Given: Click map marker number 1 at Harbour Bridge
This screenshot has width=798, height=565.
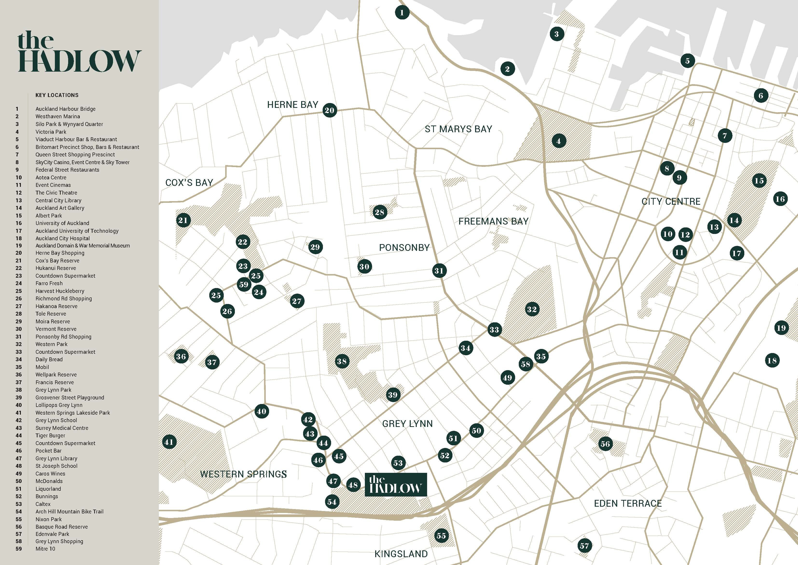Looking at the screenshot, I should pos(402,13).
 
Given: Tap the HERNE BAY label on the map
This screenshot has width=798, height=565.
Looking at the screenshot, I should pos(292,105).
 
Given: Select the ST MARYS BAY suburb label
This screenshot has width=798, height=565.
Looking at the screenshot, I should pos(458,129).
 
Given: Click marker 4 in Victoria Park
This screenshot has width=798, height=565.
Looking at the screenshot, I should pos(559,141).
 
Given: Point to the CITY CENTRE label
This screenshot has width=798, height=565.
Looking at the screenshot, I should pos(671,201).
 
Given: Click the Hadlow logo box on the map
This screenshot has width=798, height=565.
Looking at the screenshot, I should pos(395,484).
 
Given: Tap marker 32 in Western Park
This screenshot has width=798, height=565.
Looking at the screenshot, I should pos(531,309).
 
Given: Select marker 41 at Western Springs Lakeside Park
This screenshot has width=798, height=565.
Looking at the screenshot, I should pos(169,442).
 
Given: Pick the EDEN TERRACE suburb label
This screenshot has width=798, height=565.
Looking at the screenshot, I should pos(628,503).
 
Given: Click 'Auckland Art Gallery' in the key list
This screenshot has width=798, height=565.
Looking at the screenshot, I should pos(60,208).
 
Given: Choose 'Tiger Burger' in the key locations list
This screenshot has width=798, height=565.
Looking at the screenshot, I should pos(50,436).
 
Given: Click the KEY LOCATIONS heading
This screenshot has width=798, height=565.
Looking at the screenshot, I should pos(57,95).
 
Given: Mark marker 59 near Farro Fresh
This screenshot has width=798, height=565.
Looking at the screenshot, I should pos(244,284).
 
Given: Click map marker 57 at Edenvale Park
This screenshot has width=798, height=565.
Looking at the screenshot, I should pos(584,546).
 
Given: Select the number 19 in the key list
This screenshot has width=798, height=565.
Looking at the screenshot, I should pos(19,246).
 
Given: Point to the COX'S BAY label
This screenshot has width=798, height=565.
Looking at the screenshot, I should pos(189,183).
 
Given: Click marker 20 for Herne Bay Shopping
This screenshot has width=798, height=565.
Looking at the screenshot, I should pos(329,110).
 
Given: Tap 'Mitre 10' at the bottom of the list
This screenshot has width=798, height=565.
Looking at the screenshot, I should pos(45,549).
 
